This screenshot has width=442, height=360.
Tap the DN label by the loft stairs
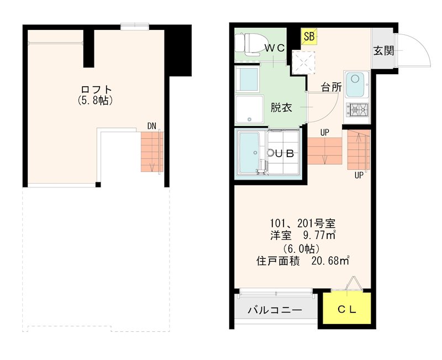tap(151, 126)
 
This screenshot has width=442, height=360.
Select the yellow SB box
tap(309, 36)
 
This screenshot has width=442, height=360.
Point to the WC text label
tap(274, 48)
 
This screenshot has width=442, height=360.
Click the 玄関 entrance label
tap(383, 51)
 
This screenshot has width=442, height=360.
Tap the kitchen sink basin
tap(355, 85)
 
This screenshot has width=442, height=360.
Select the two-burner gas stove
tap(356, 110)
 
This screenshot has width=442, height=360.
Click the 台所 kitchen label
tap(332, 87)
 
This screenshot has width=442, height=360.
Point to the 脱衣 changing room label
tap(281, 108)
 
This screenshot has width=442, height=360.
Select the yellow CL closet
tap(346, 310)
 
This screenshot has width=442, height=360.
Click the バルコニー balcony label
tap(274, 310)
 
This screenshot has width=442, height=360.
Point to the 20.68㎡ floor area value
tap(328, 260)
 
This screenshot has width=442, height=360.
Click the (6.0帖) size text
tap(302, 248)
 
